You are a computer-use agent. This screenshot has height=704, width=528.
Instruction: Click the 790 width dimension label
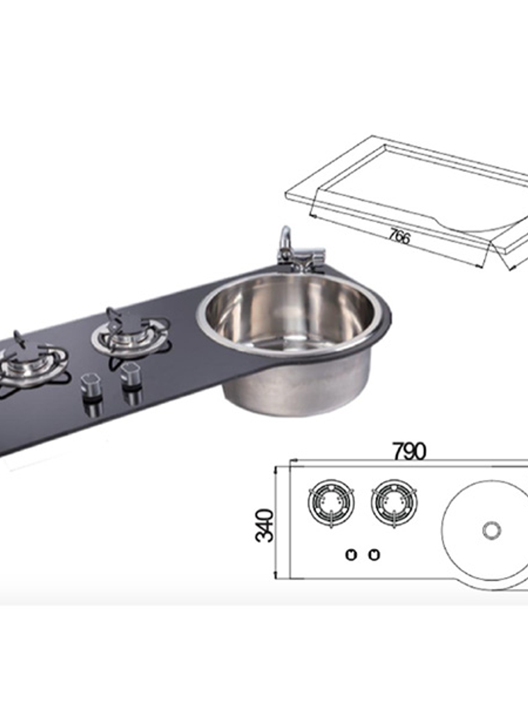(409, 451)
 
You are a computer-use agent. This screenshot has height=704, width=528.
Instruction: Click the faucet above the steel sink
(296, 252)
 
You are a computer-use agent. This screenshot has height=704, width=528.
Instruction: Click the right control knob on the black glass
(131, 373)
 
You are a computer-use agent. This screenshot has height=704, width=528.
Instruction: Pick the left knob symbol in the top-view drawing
(351, 554)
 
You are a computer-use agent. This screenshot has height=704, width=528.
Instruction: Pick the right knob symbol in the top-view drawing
(374, 554)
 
